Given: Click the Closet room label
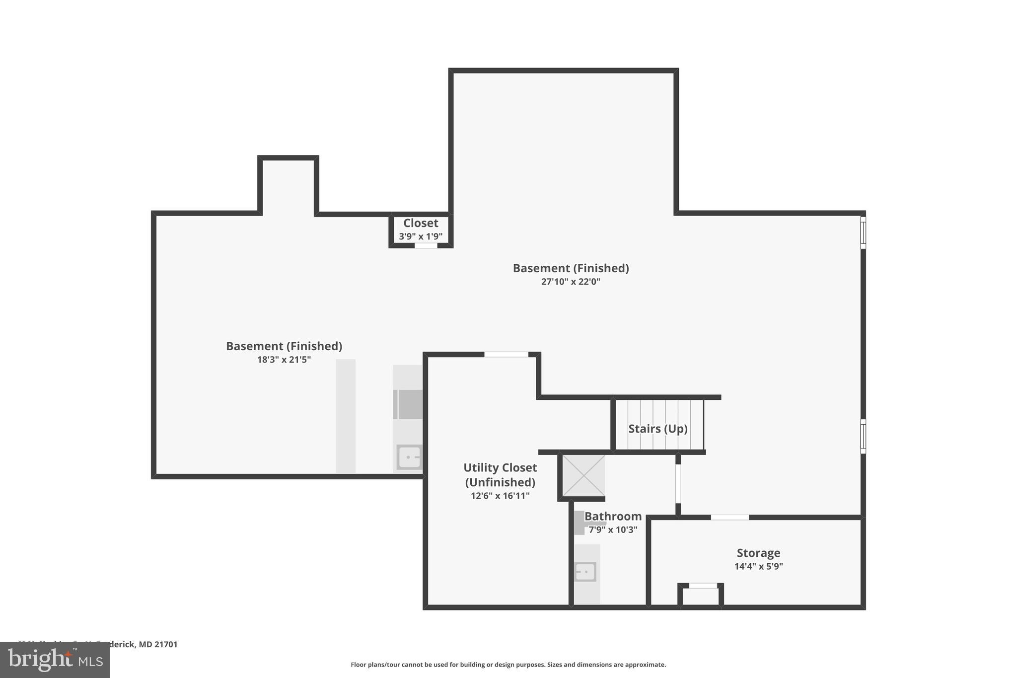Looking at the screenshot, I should [x=421, y=224].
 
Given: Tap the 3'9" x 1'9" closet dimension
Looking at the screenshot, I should [x=421, y=237].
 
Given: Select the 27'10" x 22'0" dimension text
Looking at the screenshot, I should [x=571, y=282].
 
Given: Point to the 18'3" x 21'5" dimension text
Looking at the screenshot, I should [x=284, y=360].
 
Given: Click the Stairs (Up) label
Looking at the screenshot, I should [x=657, y=429].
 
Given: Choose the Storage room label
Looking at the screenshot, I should [x=758, y=553].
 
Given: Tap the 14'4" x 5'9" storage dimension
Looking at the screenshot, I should [x=758, y=566].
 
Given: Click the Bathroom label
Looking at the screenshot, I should [x=613, y=517].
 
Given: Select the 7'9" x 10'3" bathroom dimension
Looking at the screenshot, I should [x=613, y=530].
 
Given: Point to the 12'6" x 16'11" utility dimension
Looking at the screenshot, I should [x=500, y=496].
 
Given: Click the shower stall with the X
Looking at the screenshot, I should [x=583, y=475].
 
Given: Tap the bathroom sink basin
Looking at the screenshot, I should [x=585, y=572].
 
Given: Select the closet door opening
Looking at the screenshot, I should [x=426, y=245].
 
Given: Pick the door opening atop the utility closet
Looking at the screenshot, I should [x=506, y=355].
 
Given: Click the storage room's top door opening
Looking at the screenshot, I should [x=729, y=518].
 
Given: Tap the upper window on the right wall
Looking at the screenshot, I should [x=863, y=232].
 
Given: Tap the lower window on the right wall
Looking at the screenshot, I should [x=863, y=436].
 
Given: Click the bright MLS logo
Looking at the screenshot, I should [x=55, y=660].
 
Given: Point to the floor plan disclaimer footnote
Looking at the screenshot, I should [x=508, y=665].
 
